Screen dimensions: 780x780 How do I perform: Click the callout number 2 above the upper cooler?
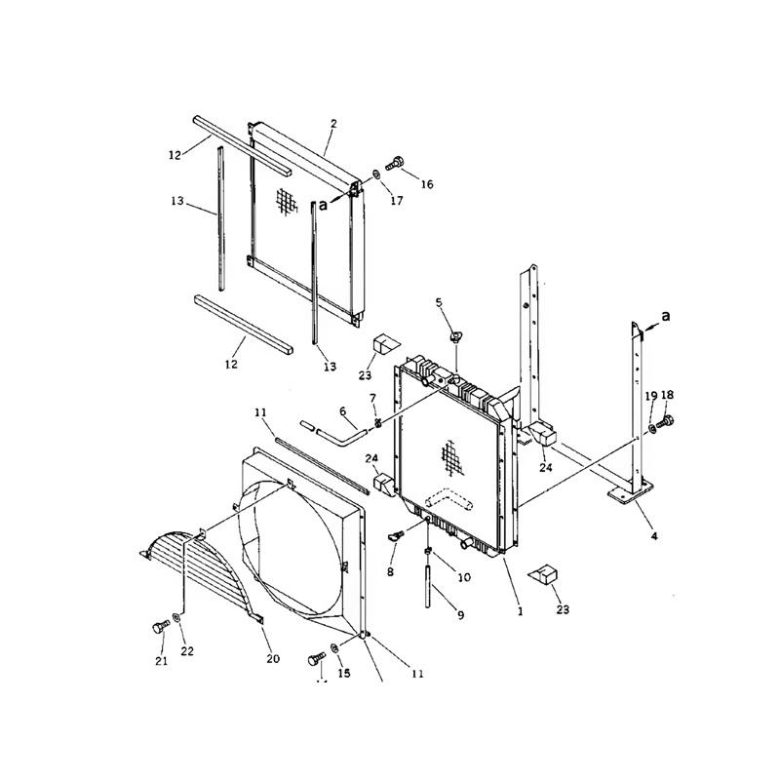coord(333,124)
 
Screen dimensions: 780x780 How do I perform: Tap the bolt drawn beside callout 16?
coord(397,162)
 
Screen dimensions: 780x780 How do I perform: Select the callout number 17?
coord(397,202)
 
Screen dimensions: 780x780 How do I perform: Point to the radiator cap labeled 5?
coord(455,336)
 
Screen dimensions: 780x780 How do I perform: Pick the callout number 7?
coord(371,399)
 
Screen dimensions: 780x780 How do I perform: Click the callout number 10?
coord(464,577)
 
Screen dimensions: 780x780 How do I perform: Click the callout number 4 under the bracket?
coord(654,535)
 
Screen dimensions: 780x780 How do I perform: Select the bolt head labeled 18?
coord(669,422)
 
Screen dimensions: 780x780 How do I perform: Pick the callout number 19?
coord(650,395)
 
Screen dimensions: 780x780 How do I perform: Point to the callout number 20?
coord(273,659)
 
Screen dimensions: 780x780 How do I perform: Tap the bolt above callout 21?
coord(159,629)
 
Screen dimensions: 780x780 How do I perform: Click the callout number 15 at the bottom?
coord(343,674)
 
